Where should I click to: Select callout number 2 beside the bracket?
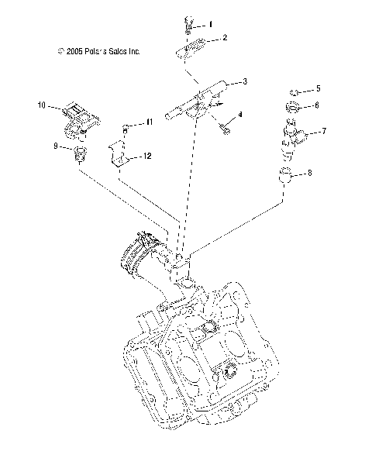coord(224,37)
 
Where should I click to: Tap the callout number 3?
coord(245,81)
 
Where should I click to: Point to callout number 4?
coord(240,115)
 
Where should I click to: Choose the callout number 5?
coord(317,89)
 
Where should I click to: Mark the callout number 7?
coord(323,131)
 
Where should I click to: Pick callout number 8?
coord(310,174)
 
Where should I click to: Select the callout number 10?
coord(42,103)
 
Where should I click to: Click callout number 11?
coord(151,122)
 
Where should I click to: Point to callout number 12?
coord(146,156)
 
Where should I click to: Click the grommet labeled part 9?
coord(77,155)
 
